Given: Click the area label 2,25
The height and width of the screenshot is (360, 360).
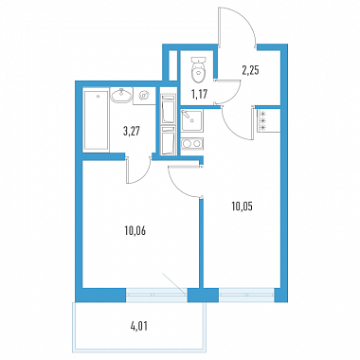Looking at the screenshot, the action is pyautogui.click(x=250, y=70).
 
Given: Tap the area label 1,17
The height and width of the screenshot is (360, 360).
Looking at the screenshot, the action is pyautogui.click(x=200, y=94).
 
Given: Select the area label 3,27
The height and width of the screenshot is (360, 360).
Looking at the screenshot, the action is pyautogui.click(x=132, y=130).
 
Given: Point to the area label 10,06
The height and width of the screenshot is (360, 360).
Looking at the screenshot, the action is pyautogui.click(x=135, y=231).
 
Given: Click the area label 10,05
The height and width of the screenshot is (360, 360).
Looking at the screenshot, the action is pyautogui.click(x=242, y=207).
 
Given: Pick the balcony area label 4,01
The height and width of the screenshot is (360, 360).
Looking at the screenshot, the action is pyautogui.click(x=139, y=326).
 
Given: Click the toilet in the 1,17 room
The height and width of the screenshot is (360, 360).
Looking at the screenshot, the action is pyautogui.click(x=198, y=70).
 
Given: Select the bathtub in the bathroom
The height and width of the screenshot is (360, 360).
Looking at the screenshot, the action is pyautogui.click(x=97, y=120).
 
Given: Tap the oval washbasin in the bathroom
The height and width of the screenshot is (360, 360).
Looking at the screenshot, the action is pyautogui.click(x=121, y=95).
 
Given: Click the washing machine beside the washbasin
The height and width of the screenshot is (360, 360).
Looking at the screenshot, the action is pyautogui.click(x=144, y=96).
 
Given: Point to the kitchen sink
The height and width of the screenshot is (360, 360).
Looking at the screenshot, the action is pyautogui.click(x=191, y=120).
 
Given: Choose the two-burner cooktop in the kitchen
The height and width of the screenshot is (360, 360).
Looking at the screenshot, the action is pyautogui.click(x=192, y=144).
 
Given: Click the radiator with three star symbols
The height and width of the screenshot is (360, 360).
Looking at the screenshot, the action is pyautogui.click(x=262, y=120).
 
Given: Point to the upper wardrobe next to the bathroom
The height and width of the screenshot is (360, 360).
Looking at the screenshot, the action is pyautogui.click(x=168, y=109).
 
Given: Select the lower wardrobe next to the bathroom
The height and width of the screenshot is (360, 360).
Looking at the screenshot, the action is pyautogui.click(x=168, y=141).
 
